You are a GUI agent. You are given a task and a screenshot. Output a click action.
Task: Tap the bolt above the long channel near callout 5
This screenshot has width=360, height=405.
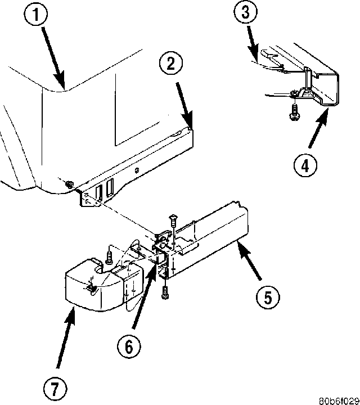coord(173,223)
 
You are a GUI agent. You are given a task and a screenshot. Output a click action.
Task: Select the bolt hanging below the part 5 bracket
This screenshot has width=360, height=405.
coord(165,291)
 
